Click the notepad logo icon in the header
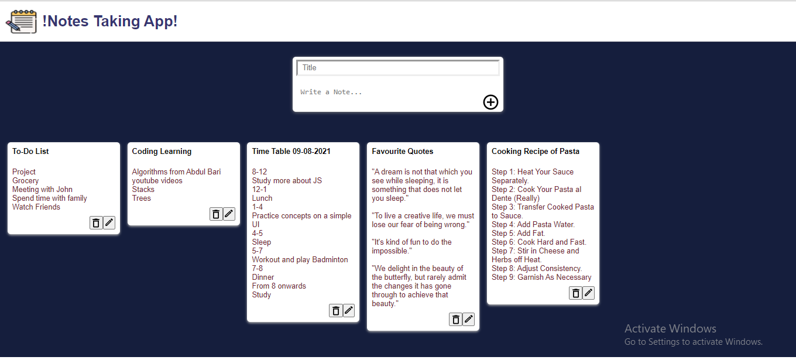pyautogui.click(x=21, y=22)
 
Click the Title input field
pyautogui.click(x=398, y=67)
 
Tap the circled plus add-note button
pyautogui.click(x=490, y=102)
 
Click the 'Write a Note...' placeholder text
pyautogui.click(x=331, y=92)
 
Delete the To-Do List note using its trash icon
pyautogui.click(x=96, y=223)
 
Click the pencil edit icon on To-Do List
pyautogui.click(x=109, y=223)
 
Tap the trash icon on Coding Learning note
pyautogui.click(x=216, y=214)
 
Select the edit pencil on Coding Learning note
pyautogui.click(x=229, y=214)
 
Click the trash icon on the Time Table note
pyautogui.click(x=335, y=311)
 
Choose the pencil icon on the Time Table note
pyautogui.click(x=349, y=311)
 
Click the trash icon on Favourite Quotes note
pyautogui.click(x=455, y=319)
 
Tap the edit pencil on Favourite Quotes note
pyautogui.click(x=469, y=319)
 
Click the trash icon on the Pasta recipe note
pyautogui.click(x=576, y=293)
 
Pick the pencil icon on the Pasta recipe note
pyautogui.click(x=588, y=293)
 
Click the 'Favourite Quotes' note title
pyautogui.click(x=403, y=152)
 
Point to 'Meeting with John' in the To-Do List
pyautogui.click(x=42, y=190)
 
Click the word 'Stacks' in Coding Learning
pyautogui.click(x=143, y=190)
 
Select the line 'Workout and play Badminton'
pyautogui.click(x=300, y=260)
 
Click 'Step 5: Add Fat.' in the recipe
pyautogui.click(x=518, y=234)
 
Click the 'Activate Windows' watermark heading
pyautogui.click(x=670, y=328)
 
